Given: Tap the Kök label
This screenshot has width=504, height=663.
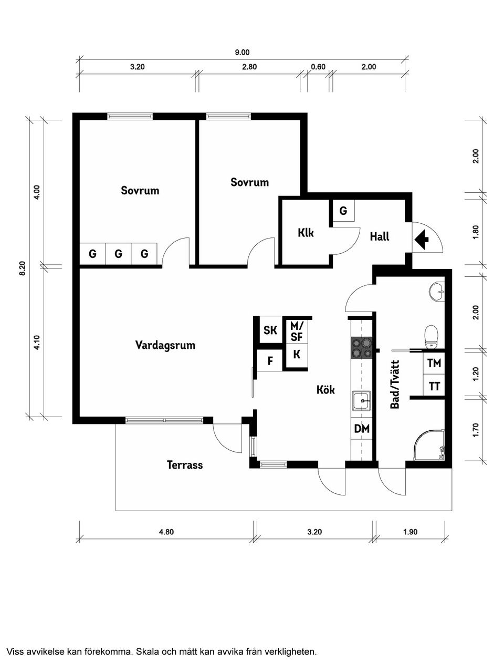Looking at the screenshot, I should click(325, 390).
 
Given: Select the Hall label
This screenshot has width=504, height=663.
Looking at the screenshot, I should click(379, 236).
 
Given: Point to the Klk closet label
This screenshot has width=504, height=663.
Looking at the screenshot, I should click(305, 232).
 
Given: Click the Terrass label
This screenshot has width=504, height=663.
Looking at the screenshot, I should click(184, 465).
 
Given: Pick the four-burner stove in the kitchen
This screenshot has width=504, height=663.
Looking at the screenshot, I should click(361, 347).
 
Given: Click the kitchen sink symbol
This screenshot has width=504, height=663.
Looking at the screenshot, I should click(361, 402).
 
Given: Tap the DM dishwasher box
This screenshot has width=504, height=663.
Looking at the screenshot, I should click(361, 429).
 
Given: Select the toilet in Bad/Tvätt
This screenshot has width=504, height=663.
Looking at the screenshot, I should click(432, 336).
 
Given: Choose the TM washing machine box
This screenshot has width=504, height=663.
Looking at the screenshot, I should click(434, 363).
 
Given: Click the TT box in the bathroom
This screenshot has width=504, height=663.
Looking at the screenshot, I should click(434, 387).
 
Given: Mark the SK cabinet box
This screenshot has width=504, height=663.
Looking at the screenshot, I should click(270, 330).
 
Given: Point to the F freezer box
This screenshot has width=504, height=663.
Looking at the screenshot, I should click(270, 361).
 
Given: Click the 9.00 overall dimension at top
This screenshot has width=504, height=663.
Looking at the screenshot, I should click(242, 52).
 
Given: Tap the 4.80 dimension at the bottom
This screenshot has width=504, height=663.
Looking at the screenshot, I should click(166, 532).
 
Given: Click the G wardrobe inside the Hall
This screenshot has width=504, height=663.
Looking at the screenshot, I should click(343, 211).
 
